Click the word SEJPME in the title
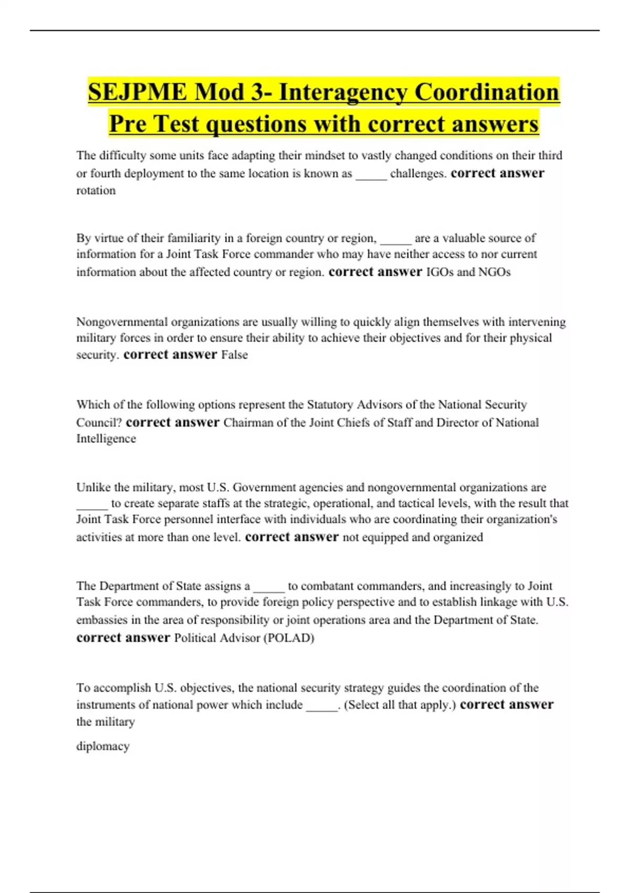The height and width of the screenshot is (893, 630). coord(138,92)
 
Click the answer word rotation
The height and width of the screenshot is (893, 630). coord(96,191)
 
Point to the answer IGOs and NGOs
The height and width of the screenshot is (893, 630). coord(468,272)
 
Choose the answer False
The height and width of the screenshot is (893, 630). coord(234,355)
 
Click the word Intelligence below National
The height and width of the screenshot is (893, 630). coord(106,439)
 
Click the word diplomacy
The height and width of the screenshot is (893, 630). coord(103,746)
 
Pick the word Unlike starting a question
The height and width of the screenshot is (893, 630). coord(93,487)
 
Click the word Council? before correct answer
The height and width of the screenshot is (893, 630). coord(99,423)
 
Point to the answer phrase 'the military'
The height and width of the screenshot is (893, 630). coord(106,722)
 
